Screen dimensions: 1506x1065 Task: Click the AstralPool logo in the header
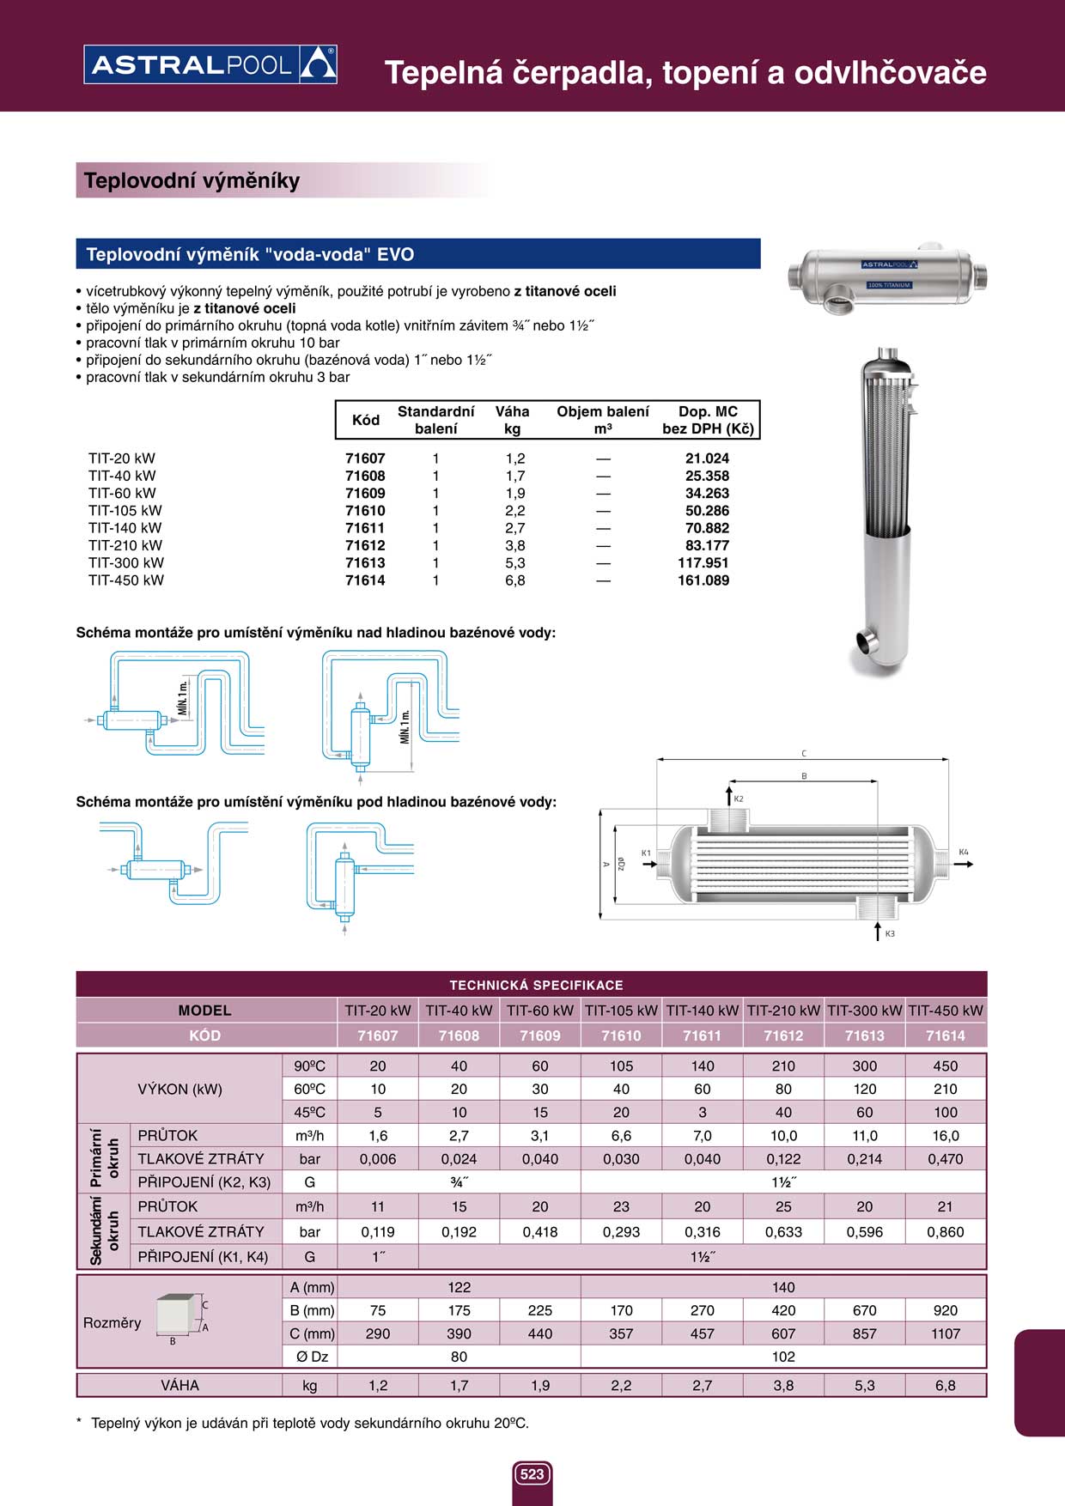coord(210,65)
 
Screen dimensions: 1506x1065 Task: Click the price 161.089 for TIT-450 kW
coord(703,580)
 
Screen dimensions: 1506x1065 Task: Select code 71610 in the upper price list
coord(365,511)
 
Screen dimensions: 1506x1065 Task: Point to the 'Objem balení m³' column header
coord(602,420)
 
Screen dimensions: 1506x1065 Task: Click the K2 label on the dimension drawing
coord(739,799)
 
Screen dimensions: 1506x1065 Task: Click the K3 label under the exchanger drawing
coord(890,933)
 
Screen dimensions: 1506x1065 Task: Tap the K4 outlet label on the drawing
coord(964,852)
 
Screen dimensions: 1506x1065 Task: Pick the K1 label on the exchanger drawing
coord(646,853)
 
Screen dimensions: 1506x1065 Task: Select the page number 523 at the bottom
coord(532,1474)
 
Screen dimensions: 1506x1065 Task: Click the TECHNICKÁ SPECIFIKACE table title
coord(536,985)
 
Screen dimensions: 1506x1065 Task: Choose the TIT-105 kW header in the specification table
coord(621,1011)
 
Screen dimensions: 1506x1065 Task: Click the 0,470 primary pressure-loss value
coord(945,1158)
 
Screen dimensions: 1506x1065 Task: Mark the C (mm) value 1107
coord(945,1333)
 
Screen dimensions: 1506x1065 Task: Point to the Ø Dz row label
coord(309,1357)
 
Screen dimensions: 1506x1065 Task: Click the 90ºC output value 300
coord(864,1066)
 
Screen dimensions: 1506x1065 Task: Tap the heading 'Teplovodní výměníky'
coord(192,180)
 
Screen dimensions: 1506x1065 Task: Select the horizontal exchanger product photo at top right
coord(887,277)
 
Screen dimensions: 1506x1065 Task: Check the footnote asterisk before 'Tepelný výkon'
coord(80,1423)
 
